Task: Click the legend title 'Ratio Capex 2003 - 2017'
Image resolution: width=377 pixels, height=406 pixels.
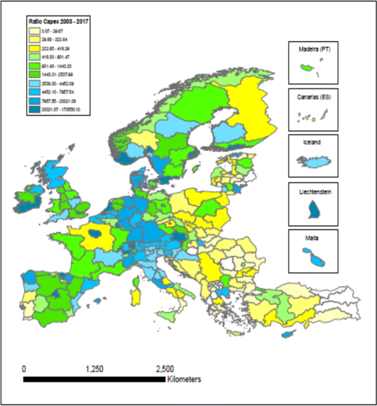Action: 58,21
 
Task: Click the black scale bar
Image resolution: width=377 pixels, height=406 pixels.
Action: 94,380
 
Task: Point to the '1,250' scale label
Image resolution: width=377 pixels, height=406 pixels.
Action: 95,369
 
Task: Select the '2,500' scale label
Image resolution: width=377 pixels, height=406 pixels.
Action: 164,369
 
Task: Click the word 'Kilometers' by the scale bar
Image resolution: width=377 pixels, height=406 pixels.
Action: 184,380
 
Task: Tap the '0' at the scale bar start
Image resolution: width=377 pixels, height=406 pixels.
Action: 24,369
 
